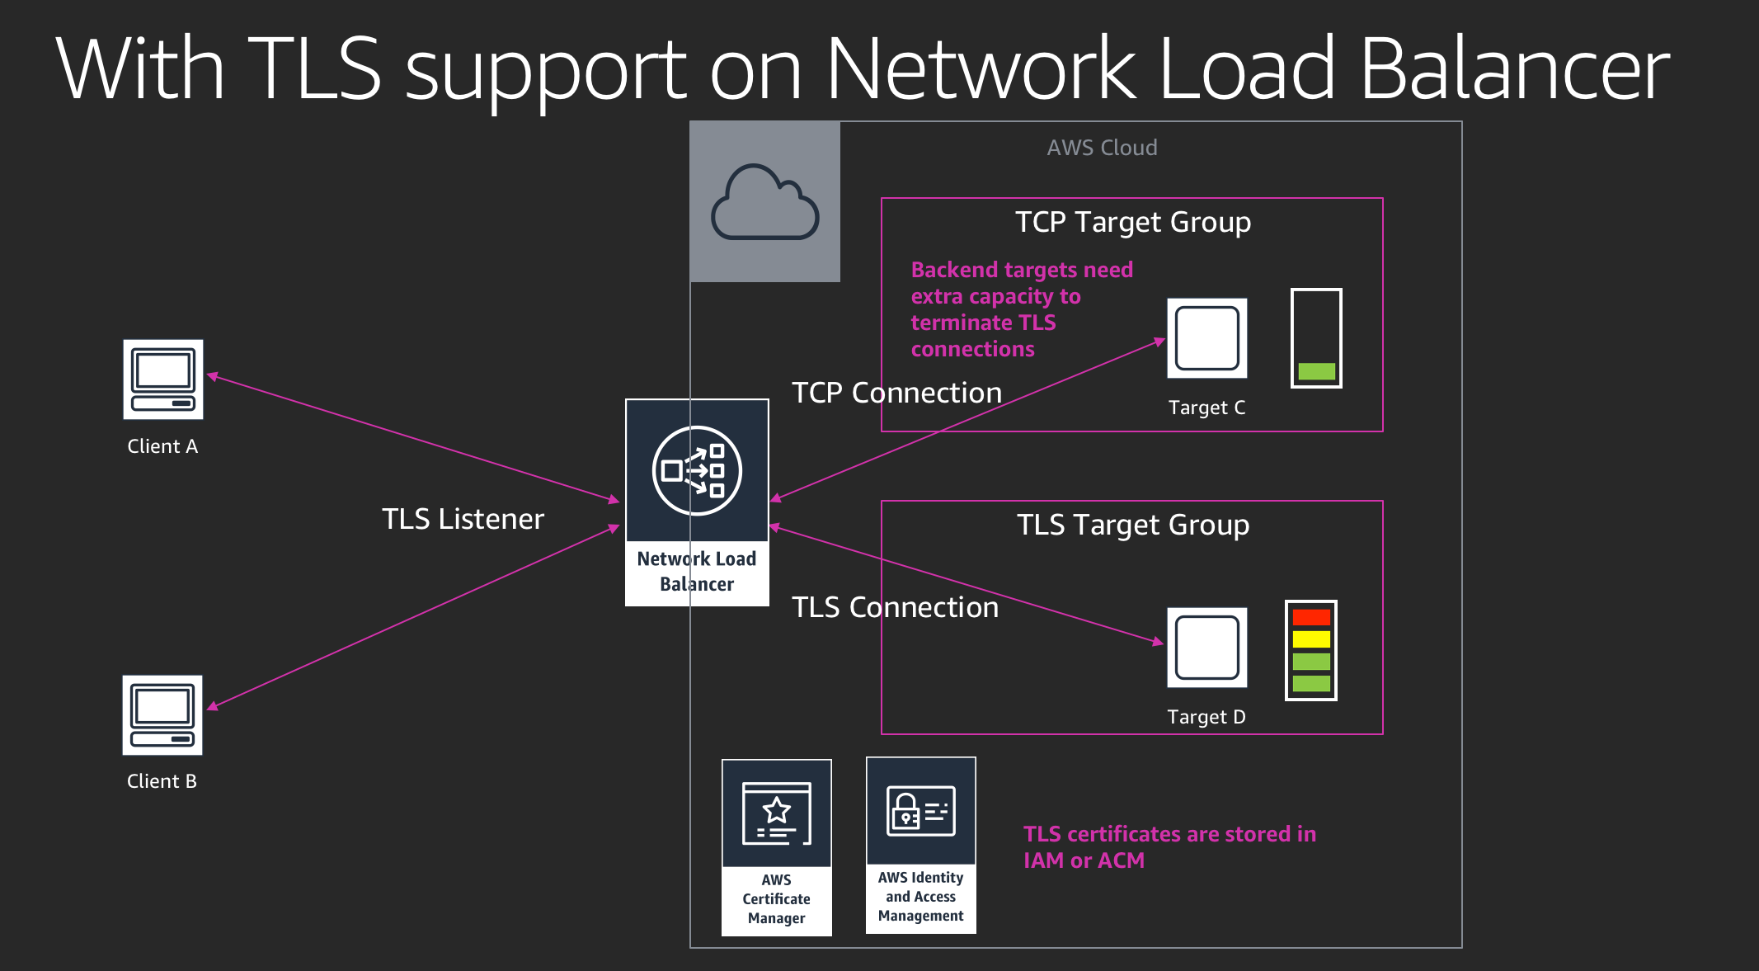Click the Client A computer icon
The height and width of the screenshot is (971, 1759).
pos(163,379)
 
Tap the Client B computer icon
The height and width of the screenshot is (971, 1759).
pos(162,715)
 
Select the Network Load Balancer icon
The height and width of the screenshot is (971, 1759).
pos(697,471)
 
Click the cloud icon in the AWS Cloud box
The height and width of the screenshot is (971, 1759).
pos(764,202)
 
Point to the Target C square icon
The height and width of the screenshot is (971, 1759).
pos(1206,338)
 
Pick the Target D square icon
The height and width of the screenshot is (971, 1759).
pos(1206,648)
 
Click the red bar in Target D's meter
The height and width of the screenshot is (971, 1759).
pos(1311,617)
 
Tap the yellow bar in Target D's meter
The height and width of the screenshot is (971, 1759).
pos(1311,639)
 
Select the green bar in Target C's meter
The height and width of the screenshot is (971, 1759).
pos(1316,371)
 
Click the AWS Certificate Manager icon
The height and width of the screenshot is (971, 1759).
pos(776,813)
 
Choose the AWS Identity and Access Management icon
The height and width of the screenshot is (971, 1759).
pos(921,811)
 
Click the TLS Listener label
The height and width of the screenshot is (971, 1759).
pos(463,519)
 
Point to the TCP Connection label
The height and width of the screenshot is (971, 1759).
pos(896,393)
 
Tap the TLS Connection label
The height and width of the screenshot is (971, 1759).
pos(895,607)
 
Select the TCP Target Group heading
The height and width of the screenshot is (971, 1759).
pos(1132,222)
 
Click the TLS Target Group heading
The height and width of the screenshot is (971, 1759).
pos(1132,525)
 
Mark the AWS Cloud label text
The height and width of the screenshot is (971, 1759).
pos(1102,148)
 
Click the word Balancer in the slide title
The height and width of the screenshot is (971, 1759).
pos(1514,69)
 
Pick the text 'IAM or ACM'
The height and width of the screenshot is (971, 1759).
pos(1084,860)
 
